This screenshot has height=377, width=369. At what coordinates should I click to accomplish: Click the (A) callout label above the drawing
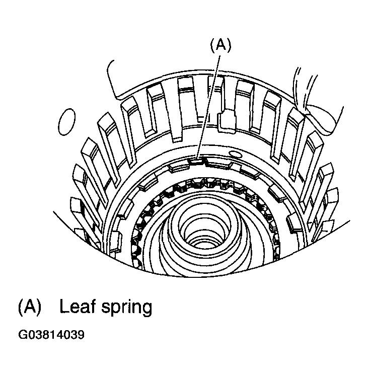[x=220, y=45]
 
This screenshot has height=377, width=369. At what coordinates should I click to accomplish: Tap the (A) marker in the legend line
[x=30, y=307]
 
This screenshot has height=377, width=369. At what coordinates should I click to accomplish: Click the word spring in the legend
[x=127, y=308]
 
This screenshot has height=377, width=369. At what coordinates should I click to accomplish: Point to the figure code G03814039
[x=51, y=335]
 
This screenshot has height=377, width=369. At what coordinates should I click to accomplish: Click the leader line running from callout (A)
[x=208, y=107]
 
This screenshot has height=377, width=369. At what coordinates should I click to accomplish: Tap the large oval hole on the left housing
[x=66, y=122]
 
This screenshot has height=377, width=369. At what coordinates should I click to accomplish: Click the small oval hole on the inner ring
[x=235, y=154]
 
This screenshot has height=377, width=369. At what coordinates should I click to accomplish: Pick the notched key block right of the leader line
[x=227, y=121]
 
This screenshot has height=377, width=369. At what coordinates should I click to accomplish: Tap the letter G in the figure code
[x=22, y=335]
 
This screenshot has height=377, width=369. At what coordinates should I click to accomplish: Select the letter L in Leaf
[x=64, y=306]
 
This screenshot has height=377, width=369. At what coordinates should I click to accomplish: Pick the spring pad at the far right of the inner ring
[x=294, y=223]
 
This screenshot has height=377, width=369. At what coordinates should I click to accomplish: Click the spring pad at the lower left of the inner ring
[x=115, y=242]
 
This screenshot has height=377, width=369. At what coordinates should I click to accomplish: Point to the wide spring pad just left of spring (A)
[x=178, y=167]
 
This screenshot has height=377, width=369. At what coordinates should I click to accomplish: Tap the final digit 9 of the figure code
[x=81, y=335]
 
